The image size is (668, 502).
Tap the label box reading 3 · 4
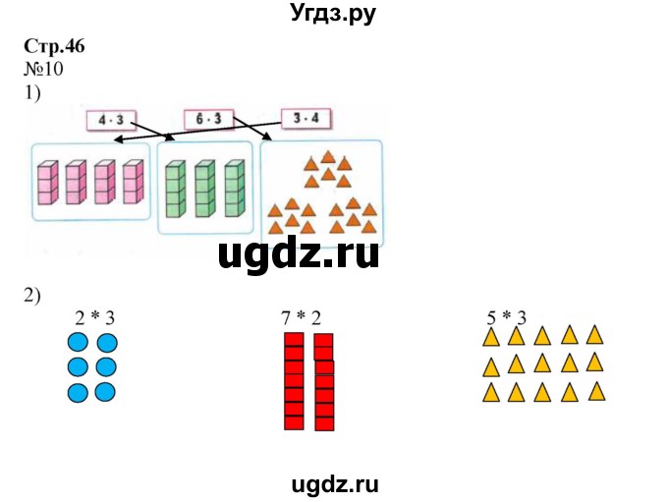click(306, 120)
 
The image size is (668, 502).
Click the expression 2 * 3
click(95, 317)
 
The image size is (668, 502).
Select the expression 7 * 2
click(301, 317)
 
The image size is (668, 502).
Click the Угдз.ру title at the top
click(334, 15)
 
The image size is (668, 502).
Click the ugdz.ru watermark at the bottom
click(334, 483)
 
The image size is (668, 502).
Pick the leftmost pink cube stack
click(44, 183)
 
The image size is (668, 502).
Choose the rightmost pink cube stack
click(131, 183)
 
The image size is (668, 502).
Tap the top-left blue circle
click(78, 343)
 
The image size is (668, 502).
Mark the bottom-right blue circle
click(106, 392)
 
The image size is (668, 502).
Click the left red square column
click(293, 381)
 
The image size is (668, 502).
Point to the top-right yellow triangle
click(594, 335)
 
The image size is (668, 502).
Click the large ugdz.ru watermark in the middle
click(299, 255)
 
